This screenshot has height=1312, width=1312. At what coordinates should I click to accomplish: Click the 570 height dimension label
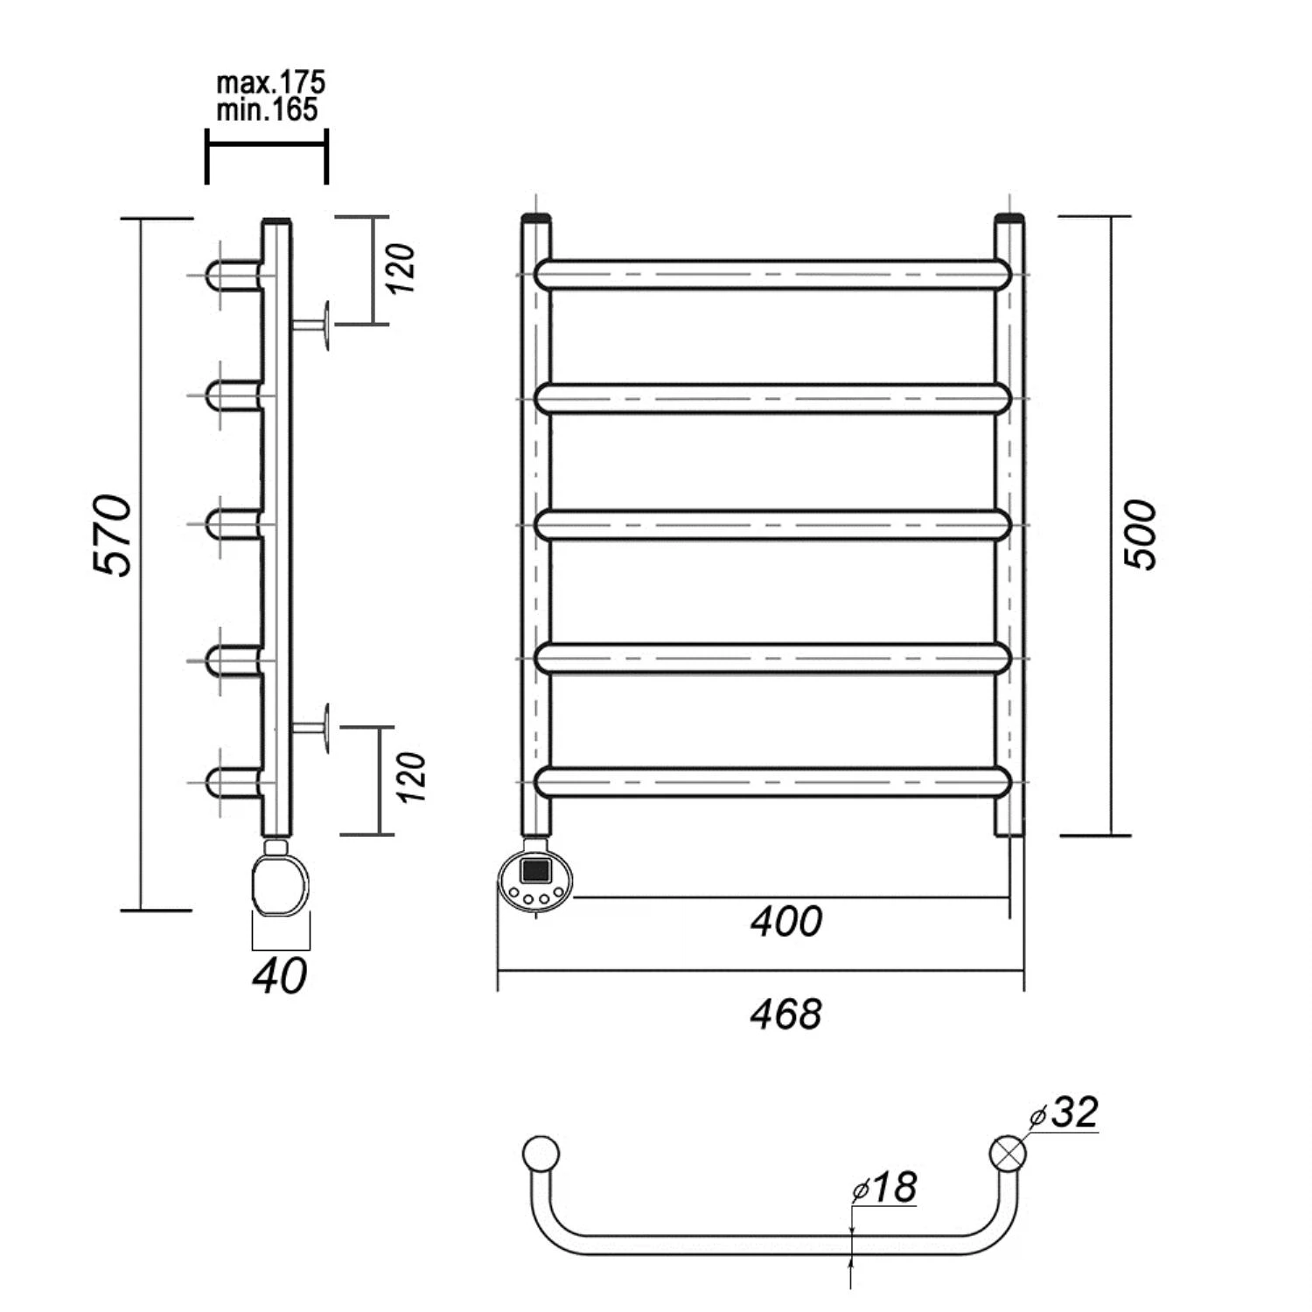[113, 535]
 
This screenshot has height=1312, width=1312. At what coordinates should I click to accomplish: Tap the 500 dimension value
[1141, 535]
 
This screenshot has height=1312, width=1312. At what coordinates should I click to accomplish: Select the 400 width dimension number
[786, 921]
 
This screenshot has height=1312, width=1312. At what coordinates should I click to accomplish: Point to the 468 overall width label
[786, 1014]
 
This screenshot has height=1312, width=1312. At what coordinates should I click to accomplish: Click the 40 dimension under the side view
[280, 976]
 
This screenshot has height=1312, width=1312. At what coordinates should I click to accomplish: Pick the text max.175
[270, 83]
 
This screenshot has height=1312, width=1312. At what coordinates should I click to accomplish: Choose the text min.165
[267, 109]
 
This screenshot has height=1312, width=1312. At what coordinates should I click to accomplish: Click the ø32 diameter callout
[1064, 1113]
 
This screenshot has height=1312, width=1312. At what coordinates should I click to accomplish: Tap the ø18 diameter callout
[883, 1188]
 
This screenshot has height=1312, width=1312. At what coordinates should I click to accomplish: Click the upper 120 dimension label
[401, 269]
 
